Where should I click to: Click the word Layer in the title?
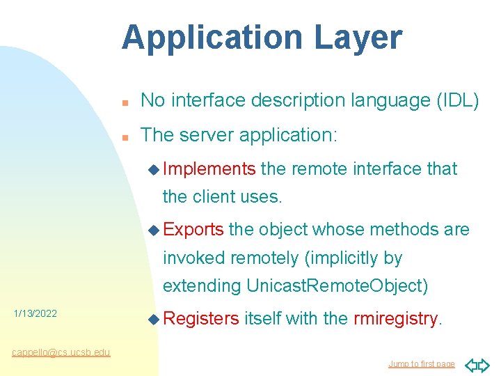coord(358,38)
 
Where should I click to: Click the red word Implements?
coord(210,169)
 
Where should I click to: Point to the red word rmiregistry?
coord(396,319)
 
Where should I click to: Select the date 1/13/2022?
coord(35,314)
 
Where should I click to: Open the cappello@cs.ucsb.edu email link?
coord(61,352)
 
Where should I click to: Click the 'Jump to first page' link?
coord(421,364)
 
